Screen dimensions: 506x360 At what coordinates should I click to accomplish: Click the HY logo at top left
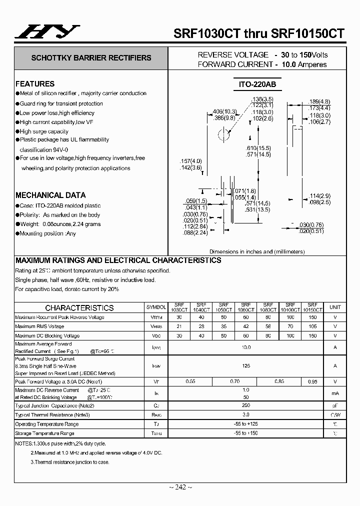(x=45, y=32)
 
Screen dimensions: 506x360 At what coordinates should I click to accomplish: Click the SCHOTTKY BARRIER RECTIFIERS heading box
(x=91, y=58)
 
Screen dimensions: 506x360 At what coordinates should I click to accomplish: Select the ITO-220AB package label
(x=257, y=85)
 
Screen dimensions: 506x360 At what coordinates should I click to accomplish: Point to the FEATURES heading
(x=35, y=84)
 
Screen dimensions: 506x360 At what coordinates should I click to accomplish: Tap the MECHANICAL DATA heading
(x=50, y=195)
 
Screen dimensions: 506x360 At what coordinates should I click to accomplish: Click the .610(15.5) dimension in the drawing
(x=258, y=148)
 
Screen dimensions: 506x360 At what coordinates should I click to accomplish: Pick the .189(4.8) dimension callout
(x=319, y=101)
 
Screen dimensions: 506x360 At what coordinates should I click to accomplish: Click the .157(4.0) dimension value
(x=190, y=161)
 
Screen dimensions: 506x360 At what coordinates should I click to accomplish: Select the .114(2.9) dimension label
(x=320, y=195)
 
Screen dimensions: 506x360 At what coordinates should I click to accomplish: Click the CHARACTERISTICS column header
(x=79, y=308)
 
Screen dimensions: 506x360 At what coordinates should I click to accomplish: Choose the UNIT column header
(x=335, y=307)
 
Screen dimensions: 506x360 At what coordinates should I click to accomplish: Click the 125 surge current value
(x=246, y=366)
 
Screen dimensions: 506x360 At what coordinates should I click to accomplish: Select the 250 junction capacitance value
(x=246, y=405)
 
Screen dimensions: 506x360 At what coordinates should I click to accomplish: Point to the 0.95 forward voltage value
(x=312, y=381)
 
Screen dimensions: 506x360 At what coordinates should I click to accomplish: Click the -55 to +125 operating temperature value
(x=246, y=424)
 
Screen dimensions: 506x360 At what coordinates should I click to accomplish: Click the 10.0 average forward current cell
(x=246, y=347)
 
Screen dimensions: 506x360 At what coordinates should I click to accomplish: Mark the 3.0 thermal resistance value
(x=246, y=414)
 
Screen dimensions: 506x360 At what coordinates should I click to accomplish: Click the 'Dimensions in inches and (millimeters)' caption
(x=257, y=252)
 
